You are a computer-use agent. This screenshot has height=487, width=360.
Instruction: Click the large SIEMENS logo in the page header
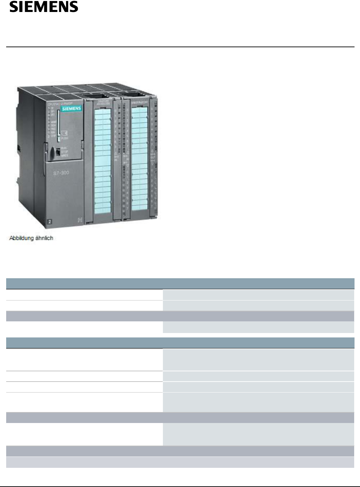43,7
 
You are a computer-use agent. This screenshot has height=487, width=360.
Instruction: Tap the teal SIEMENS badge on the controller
71,108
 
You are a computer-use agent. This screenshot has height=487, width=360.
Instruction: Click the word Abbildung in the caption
21,238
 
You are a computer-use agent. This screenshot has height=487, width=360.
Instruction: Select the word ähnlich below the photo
44,238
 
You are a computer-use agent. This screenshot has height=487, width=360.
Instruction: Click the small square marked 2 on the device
50,222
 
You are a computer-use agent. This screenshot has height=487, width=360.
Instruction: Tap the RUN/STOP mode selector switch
58,151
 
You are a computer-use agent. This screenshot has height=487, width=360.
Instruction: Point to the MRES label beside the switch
65,155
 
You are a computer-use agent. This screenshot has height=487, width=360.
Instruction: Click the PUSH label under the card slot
65,138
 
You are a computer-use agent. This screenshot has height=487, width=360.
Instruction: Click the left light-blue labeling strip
103,160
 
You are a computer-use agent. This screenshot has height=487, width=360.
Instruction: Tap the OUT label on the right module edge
153,157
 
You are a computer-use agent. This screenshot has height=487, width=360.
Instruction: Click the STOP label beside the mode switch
65,152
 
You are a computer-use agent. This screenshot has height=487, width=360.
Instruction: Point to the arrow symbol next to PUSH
64,132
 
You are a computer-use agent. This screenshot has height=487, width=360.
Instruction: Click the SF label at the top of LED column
53,108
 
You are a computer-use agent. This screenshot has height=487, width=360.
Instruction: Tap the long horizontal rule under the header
180,47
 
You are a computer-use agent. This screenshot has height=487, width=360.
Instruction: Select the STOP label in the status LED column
53,136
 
